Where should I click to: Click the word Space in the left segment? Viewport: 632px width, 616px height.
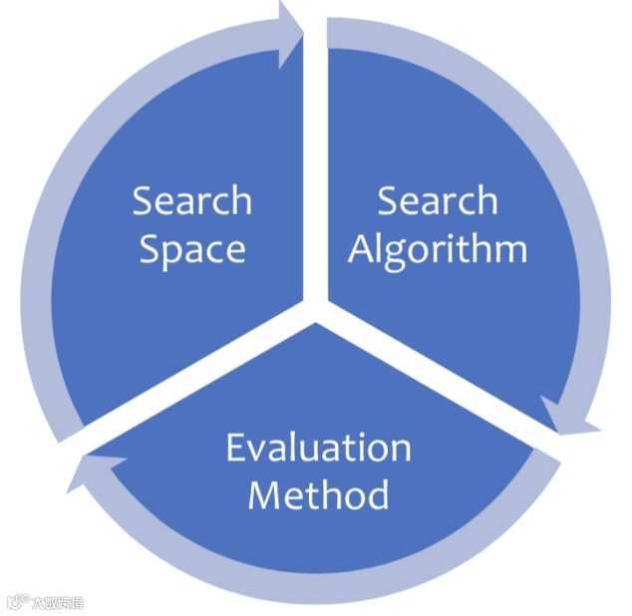pyautogui.click(x=191, y=249)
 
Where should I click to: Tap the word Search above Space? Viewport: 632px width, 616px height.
pyautogui.click(x=191, y=200)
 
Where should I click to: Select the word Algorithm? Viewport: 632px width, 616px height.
pyautogui.click(x=438, y=249)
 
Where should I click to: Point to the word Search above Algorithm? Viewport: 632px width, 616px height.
pyautogui.click(x=438, y=200)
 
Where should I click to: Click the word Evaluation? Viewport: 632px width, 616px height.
pyautogui.click(x=318, y=448)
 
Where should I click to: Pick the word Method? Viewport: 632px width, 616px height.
pyautogui.click(x=318, y=494)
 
